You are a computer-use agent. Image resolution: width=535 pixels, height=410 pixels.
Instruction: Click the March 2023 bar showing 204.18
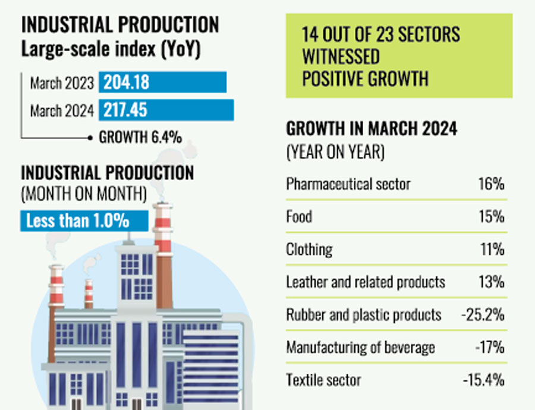pos(162,83)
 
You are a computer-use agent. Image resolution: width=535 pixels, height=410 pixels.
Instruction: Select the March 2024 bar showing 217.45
pos(166,110)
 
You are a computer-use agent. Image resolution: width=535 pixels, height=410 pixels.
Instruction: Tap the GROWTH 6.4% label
pos(140,137)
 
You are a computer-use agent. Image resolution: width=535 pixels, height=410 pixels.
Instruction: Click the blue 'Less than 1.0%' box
pos(84,220)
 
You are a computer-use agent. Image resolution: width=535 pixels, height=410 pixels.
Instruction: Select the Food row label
pos(299,216)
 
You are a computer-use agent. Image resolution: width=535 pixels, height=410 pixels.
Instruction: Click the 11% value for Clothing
pos(493,248)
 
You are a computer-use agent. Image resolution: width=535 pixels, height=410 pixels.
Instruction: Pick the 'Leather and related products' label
pos(365,281)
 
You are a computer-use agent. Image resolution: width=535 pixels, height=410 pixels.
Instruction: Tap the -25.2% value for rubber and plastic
pos(483,314)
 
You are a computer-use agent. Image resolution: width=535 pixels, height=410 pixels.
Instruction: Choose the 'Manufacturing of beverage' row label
pos(360,346)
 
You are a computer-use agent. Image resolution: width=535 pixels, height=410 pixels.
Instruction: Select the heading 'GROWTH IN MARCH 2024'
pos(372,128)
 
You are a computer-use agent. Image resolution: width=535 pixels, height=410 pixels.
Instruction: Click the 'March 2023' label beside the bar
pos(62,83)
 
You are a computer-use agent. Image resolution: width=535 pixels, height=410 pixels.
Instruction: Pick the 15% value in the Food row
pos(493,216)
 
